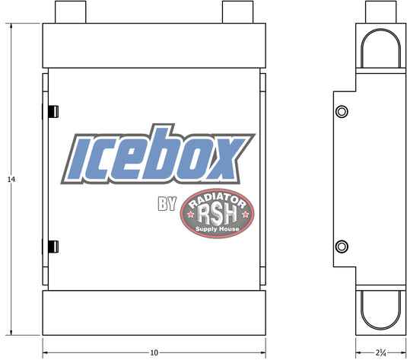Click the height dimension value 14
pos(11,179)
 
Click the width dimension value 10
pos(154,352)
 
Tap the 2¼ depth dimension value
pos(381,352)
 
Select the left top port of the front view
pos(70,12)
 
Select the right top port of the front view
pos(237,12)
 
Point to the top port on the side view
pos(381,12)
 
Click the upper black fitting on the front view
pos(53,111)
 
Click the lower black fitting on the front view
pos(53,247)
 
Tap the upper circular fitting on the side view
pos(342,112)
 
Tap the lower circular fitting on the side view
pos(342,247)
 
